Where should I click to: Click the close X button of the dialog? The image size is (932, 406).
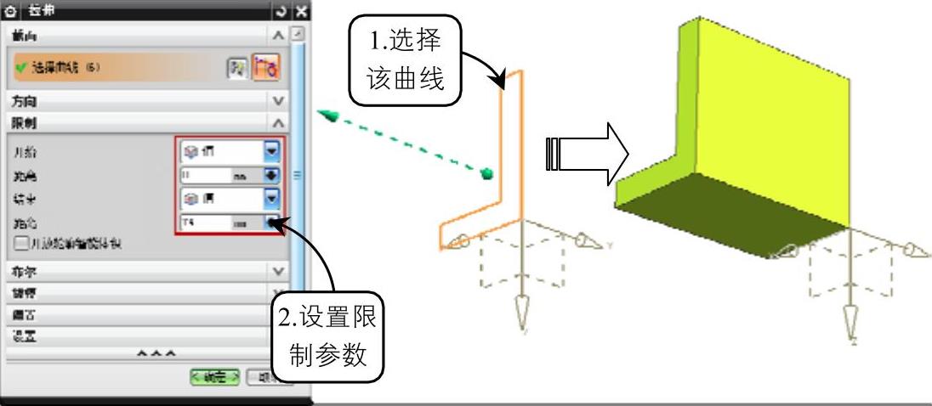point(300,12)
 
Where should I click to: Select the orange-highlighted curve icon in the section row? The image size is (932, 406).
point(267,68)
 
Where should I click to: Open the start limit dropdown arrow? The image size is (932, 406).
point(271,151)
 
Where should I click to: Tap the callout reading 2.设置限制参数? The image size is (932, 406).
point(328,339)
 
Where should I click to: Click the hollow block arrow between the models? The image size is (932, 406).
point(586,155)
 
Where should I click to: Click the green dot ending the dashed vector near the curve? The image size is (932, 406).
point(487,174)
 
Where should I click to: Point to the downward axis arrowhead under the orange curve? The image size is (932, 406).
point(523,320)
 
